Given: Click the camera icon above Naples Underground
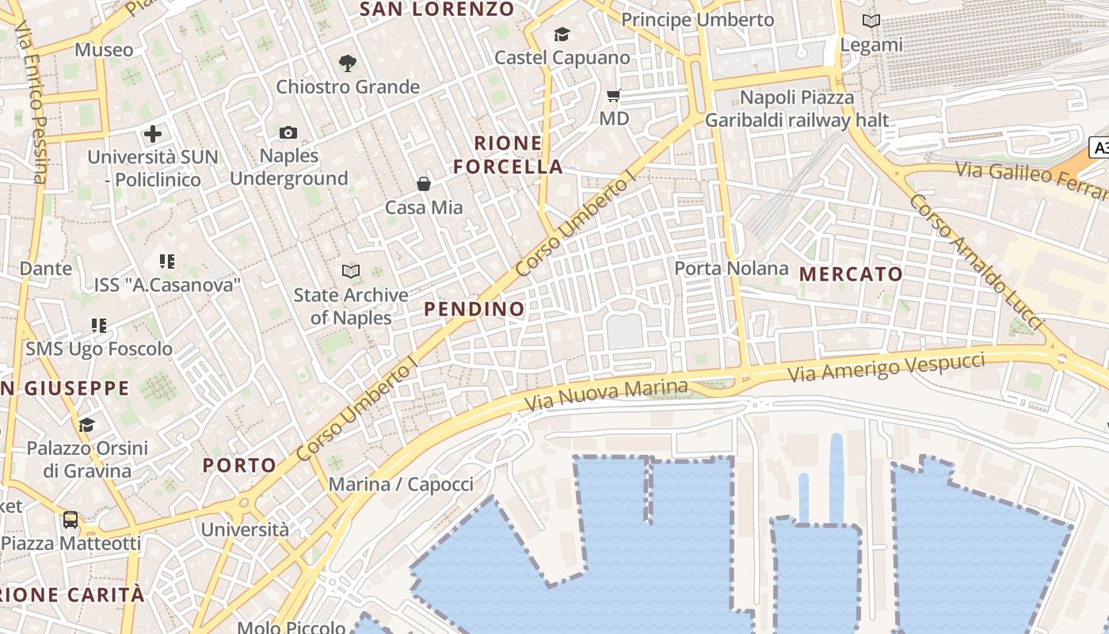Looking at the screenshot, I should pyautogui.click(x=288, y=132).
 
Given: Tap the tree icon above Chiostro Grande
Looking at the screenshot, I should pyautogui.click(x=347, y=63).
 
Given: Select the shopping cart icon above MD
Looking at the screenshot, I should pyautogui.click(x=613, y=96).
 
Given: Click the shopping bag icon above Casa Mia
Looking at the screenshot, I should pyautogui.click(x=424, y=184).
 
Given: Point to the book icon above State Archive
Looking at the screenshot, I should pyautogui.click(x=350, y=272).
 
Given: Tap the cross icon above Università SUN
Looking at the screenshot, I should pyautogui.click(x=153, y=134).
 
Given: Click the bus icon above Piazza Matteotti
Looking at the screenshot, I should pyautogui.click(x=71, y=520).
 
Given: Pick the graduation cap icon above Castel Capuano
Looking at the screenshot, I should pyautogui.click(x=562, y=34).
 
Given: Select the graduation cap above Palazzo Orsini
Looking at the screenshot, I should pyautogui.click(x=86, y=425).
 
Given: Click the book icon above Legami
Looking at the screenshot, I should pyautogui.click(x=871, y=21).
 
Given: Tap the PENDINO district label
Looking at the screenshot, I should pyautogui.click(x=474, y=309).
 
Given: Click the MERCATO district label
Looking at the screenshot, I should pyautogui.click(x=851, y=274).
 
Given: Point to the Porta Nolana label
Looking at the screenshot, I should pyautogui.click(x=731, y=269).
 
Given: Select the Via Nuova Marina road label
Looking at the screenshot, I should pyautogui.click(x=607, y=395).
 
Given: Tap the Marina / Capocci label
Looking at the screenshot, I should pyautogui.click(x=401, y=484).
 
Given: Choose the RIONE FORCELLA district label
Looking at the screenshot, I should pyautogui.click(x=519, y=155).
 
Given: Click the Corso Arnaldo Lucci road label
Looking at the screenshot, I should pyautogui.click(x=975, y=262).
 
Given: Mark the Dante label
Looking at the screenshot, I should pyautogui.click(x=46, y=268).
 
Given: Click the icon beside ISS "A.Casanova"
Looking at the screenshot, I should pyautogui.click(x=166, y=261).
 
